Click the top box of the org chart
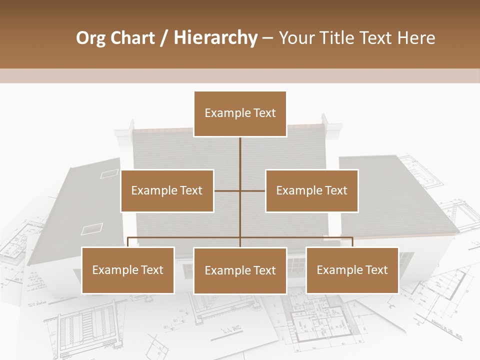coord(240,113)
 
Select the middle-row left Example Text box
coord(167,190)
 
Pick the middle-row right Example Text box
coord(311,190)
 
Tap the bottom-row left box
coord(128,270)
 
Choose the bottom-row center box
coord(240,270)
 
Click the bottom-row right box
coord(352,270)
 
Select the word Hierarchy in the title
coord(215,38)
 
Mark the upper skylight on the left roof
coord(109,173)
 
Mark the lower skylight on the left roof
coord(91,229)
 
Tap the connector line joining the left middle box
coord(227,190)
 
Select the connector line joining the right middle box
coord(253,190)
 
